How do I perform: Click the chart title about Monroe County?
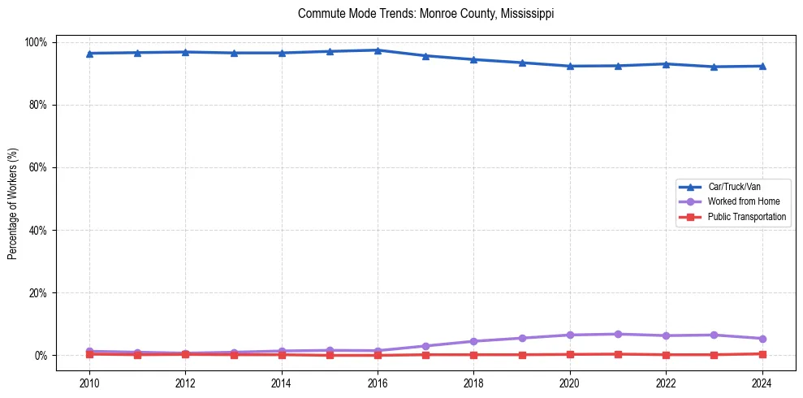(425, 14)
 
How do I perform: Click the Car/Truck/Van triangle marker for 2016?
(378, 50)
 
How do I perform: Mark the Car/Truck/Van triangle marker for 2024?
(762, 66)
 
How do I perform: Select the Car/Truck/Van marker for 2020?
(570, 66)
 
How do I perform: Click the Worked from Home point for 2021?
(618, 334)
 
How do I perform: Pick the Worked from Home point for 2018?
(473, 341)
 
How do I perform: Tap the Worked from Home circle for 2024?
(762, 339)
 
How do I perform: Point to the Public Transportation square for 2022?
(666, 355)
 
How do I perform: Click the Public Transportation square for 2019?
(522, 355)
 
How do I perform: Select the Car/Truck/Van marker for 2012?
(185, 52)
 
